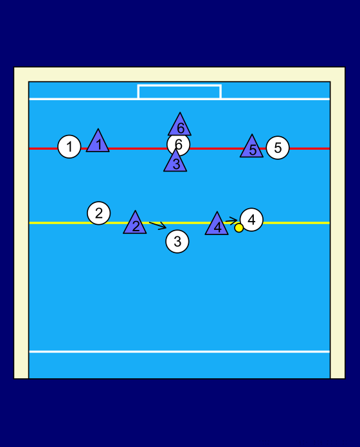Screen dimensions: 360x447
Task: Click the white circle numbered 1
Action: coord(69,146)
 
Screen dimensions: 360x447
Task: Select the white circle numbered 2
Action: coord(99,213)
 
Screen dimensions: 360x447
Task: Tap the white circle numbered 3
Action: coord(177,241)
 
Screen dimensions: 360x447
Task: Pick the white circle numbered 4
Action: coord(251,220)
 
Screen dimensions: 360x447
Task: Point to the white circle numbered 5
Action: coord(278,148)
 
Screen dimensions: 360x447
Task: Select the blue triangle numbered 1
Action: coord(98,143)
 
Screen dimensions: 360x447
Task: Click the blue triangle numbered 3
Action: coord(175,162)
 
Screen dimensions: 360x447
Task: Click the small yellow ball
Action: coord(239,228)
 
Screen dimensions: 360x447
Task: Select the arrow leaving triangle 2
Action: coord(157,225)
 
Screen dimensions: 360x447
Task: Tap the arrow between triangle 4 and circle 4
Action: coord(231,221)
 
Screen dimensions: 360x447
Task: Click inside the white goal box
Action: coord(179,92)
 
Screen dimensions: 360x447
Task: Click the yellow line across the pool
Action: coord(179,223)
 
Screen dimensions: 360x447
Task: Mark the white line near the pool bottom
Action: coord(179,351)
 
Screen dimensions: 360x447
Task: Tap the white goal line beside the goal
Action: coord(83,99)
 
